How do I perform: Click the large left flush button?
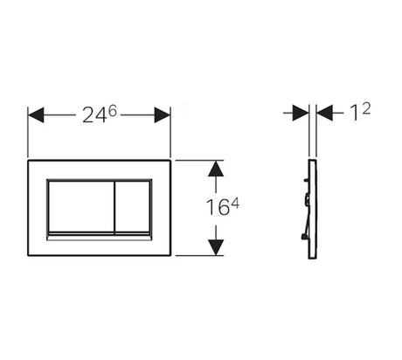click(x=80, y=206)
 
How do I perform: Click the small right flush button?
click(x=133, y=206)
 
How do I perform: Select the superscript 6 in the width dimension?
click(x=112, y=111)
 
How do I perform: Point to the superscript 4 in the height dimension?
click(x=235, y=204)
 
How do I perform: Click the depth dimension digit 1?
click(x=355, y=113)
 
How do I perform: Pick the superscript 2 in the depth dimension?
click(x=366, y=109)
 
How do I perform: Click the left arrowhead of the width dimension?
click(x=36, y=114)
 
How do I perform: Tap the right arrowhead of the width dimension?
click(x=163, y=114)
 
